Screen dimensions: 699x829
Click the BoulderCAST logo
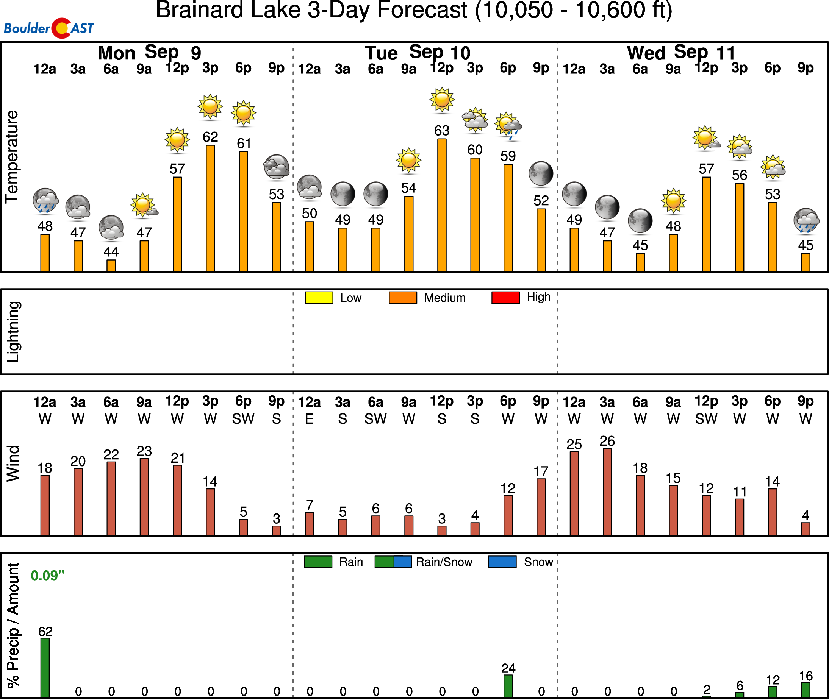[49, 28]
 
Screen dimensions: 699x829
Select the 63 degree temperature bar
[442, 205]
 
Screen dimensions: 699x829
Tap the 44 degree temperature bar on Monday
[111, 265]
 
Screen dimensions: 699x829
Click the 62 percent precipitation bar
[45, 667]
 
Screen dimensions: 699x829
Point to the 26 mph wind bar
[607, 492]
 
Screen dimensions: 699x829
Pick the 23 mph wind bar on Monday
[144, 497]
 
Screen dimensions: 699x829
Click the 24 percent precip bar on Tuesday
[508, 686]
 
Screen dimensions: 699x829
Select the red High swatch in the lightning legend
[505, 298]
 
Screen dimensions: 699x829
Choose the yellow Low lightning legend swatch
[319, 298]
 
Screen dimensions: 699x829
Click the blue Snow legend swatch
[502, 562]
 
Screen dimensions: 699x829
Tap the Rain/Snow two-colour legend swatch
[393, 562]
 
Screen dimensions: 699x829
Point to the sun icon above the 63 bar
[442, 99]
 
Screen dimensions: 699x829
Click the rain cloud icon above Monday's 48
[45, 201]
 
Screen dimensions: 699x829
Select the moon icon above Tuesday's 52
[541, 173]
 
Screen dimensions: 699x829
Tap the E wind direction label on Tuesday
[309, 419]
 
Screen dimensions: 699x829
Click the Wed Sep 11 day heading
[681, 53]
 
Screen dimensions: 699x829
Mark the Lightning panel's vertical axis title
[14, 332]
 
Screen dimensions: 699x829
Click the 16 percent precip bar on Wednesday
[806, 690]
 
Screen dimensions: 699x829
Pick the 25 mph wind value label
[574, 444]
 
